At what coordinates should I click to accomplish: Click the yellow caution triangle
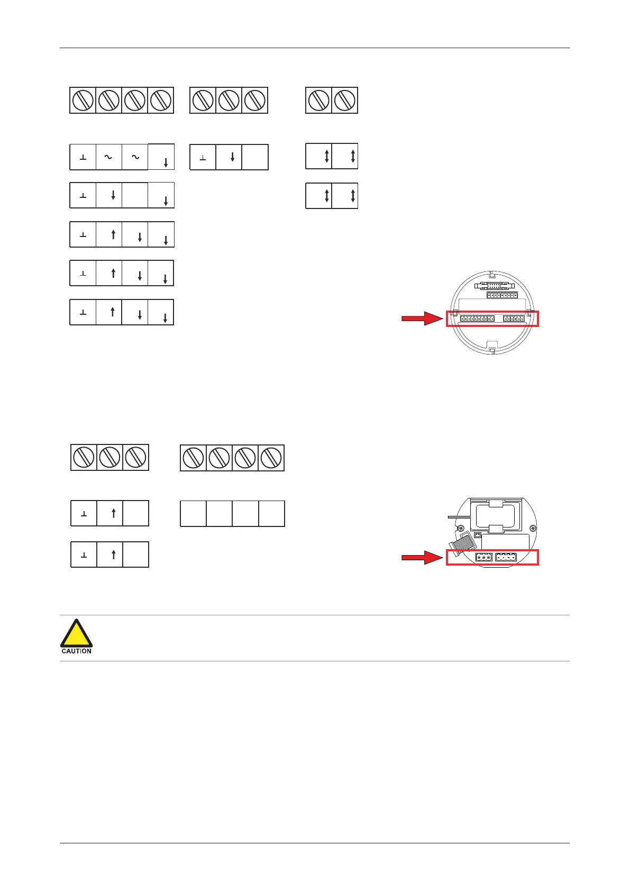[x=76, y=634]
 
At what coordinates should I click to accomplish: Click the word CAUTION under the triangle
[x=76, y=651]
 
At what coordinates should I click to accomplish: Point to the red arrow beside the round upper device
[x=422, y=319]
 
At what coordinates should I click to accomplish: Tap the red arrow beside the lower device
[x=422, y=557]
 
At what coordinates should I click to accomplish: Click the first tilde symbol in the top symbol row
[x=108, y=157]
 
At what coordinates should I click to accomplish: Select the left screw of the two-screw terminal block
[x=318, y=100]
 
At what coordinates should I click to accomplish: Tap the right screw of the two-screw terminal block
[x=345, y=100]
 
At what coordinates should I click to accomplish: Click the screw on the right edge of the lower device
[x=533, y=528]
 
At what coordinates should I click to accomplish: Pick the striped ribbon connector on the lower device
[x=461, y=542]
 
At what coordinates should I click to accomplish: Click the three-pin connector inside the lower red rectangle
[x=483, y=558]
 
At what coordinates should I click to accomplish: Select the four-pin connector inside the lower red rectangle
[x=506, y=558]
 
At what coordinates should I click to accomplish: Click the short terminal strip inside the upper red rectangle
[x=514, y=319]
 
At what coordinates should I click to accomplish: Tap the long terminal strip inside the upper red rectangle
[x=477, y=319]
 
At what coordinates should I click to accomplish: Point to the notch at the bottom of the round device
[x=492, y=350]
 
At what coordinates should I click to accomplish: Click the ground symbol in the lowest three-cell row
[x=84, y=555]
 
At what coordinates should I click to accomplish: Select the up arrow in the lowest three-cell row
[x=113, y=554]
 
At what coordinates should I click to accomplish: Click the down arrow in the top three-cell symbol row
[x=232, y=157]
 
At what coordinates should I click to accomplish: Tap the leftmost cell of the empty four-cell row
[x=193, y=513]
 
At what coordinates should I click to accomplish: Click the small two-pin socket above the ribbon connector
[x=477, y=535]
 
